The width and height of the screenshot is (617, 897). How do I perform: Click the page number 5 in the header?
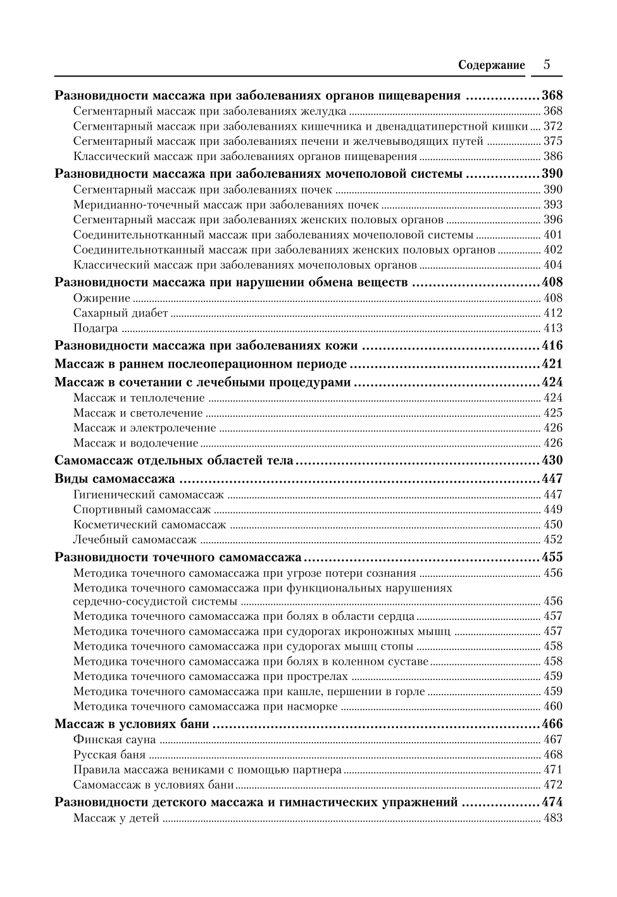pyautogui.click(x=547, y=65)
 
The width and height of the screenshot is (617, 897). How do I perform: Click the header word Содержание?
pyautogui.click(x=491, y=65)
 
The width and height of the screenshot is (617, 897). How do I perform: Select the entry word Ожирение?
pyautogui.click(x=101, y=298)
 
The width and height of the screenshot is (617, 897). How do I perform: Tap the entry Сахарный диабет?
pyautogui.click(x=120, y=313)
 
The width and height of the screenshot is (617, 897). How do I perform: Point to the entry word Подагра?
pyautogui.click(x=96, y=328)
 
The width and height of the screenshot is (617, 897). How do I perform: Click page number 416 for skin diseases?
pyautogui.click(x=552, y=346)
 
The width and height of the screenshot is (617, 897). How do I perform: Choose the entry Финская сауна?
pyautogui.click(x=114, y=739)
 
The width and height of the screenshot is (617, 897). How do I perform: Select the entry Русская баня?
pyautogui.click(x=109, y=755)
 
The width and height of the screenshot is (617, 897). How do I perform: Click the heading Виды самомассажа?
pyautogui.click(x=114, y=479)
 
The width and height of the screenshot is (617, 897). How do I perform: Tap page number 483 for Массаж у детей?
pyautogui.click(x=552, y=819)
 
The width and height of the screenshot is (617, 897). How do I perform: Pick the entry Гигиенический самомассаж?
pyautogui.click(x=148, y=495)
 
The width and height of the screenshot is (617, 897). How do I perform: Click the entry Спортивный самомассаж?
pyautogui.click(x=142, y=510)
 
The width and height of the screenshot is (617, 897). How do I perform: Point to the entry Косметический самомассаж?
pyautogui.click(x=149, y=525)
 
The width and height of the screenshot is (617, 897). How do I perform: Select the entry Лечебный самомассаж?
pyautogui.click(x=135, y=540)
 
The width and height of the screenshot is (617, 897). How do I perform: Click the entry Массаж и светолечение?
pyautogui.click(x=137, y=413)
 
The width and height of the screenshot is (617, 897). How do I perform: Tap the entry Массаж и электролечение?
pyautogui.click(x=144, y=428)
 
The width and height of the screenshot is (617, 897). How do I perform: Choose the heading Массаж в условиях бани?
pyautogui.click(x=132, y=724)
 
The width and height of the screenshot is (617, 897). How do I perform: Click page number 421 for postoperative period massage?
pyautogui.click(x=552, y=364)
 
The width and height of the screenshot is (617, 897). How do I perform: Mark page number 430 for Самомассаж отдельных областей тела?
pyautogui.click(x=552, y=461)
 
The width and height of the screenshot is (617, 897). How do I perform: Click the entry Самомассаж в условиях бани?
pyautogui.click(x=153, y=785)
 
